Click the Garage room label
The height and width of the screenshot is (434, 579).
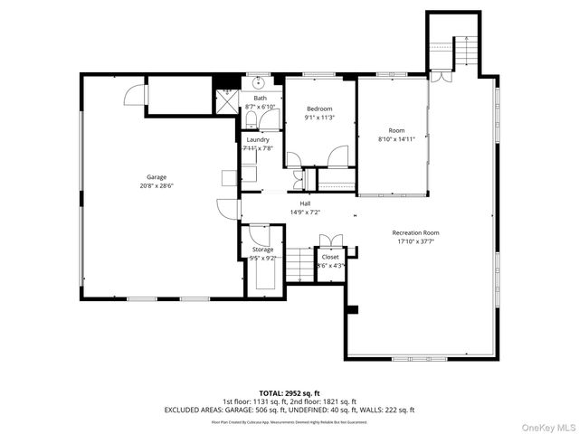(157, 177)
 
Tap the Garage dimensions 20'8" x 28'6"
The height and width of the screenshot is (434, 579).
(157, 185)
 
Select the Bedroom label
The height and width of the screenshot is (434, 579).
(319, 108)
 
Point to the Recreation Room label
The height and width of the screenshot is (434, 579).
(416, 232)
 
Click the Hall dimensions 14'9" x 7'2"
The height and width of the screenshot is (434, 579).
(305, 212)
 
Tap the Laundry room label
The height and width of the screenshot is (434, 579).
(258, 140)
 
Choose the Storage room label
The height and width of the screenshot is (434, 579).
(262, 249)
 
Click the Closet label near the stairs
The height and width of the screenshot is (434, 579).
(330, 257)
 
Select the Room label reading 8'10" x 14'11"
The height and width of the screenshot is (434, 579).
(397, 130)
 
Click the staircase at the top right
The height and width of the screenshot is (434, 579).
(462, 52)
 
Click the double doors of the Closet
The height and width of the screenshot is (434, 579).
(330, 241)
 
